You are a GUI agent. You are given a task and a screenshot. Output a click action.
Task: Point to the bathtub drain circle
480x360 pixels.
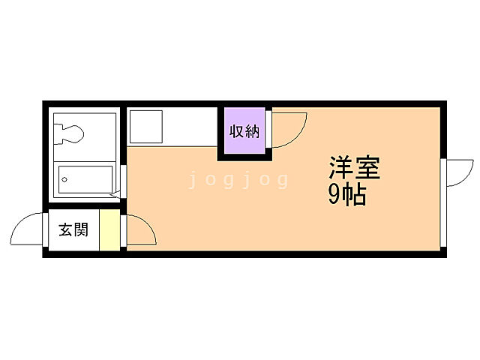(x=65, y=180)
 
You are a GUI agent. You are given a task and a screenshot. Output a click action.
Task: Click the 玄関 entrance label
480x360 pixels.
(x=73, y=230)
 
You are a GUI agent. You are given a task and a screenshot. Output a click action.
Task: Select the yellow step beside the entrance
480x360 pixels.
(x=109, y=230)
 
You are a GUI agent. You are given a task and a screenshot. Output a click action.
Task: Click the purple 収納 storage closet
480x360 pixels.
(x=244, y=132)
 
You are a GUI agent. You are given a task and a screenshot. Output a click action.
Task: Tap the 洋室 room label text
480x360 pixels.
(x=354, y=167)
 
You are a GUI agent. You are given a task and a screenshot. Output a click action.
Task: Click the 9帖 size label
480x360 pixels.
(x=346, y=194)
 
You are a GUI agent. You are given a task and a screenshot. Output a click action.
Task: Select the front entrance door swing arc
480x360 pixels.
(x=28, y=229)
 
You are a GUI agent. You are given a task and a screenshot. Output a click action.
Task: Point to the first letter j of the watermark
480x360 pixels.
(x=193, y=180)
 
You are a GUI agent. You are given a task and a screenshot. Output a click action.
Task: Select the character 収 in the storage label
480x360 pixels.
(x=235, y=132)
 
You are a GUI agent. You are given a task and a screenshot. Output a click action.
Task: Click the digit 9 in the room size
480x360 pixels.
(x=334, y=195)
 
